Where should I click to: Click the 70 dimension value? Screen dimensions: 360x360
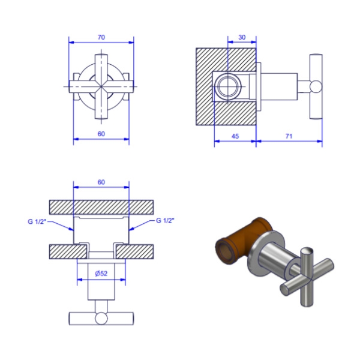(101, 37)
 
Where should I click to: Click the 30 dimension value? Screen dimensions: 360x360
(242, 37)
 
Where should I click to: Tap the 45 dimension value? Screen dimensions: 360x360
(235, 136)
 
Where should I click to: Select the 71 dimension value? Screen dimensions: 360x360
(289, 136)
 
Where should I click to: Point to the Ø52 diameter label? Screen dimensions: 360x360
(101, 274)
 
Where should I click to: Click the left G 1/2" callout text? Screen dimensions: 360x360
(37, 221)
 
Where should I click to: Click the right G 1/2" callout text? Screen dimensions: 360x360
(165, 221)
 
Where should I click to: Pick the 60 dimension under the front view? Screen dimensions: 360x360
(101, 134)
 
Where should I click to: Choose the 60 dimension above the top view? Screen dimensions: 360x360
(101, 182)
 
